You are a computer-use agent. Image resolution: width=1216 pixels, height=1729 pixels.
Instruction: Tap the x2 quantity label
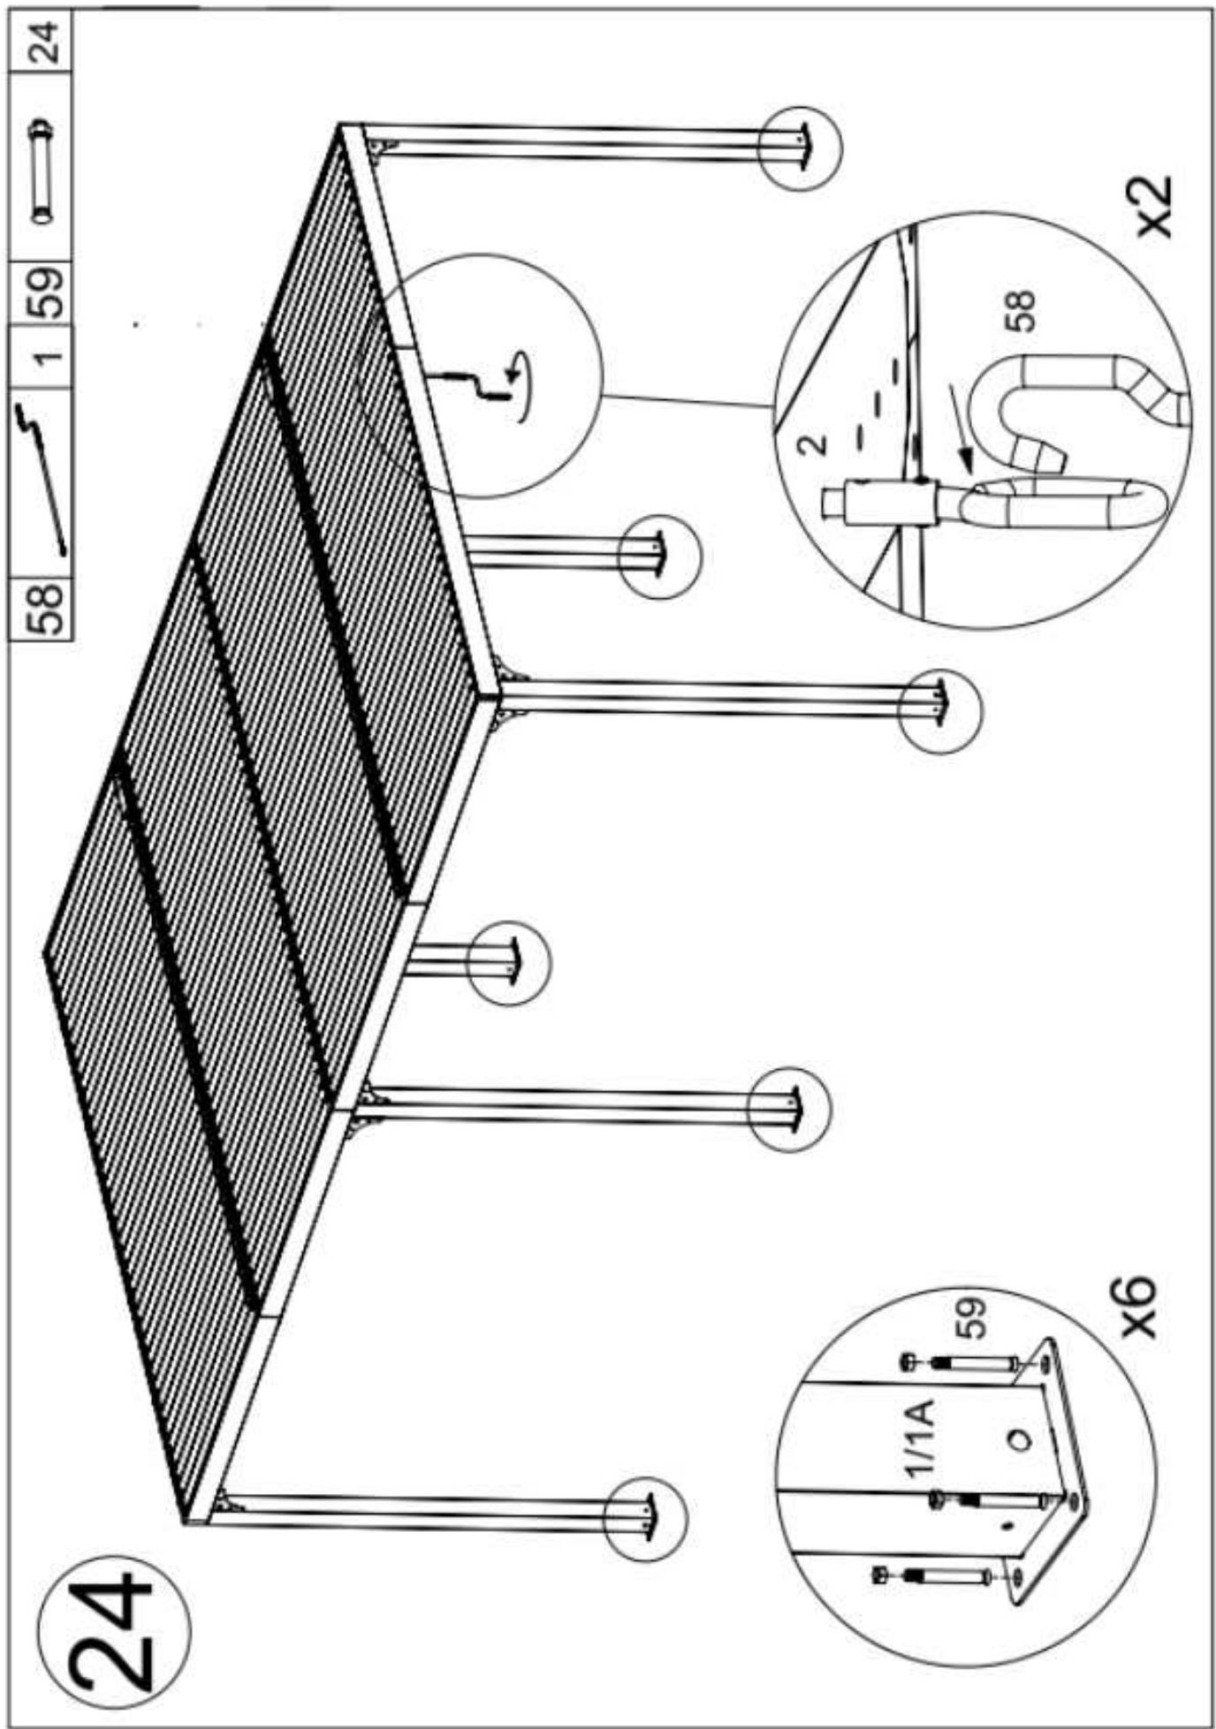pos(1154,206)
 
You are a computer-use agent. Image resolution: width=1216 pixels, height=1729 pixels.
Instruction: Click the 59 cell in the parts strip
pos(43,292)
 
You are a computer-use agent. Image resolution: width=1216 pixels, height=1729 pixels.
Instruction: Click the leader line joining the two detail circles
pos(685,399)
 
